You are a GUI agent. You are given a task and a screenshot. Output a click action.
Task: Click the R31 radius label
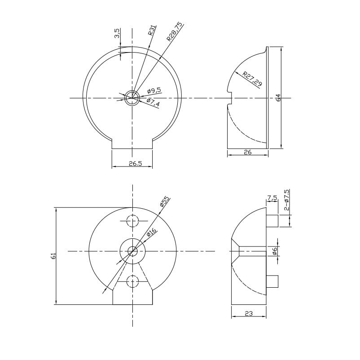pos(151,31)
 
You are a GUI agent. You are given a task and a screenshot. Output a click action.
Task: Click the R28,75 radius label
pos(174,32)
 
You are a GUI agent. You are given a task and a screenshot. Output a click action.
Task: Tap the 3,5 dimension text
pos(117,34)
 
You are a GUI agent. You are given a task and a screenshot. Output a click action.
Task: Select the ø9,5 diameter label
pos(154,91)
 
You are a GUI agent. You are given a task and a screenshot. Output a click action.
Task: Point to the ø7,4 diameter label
pos(153,103)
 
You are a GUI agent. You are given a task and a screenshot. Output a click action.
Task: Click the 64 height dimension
pos(278,97)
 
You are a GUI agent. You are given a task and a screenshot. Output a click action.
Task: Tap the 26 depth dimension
pos(247,152)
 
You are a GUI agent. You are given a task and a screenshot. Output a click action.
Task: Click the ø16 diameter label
pos(151,233)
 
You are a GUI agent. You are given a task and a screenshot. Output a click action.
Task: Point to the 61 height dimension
pos(53,256)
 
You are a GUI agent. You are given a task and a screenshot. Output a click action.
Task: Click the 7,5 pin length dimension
pos(272,198)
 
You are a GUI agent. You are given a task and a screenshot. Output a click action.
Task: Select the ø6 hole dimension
pos(275,251)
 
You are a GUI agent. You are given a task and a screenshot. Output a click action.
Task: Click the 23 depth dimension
pos(249,314)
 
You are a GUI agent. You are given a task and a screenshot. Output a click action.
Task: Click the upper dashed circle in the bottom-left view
pos(132,221)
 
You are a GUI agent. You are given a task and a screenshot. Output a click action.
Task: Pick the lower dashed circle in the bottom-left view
pos(132,281)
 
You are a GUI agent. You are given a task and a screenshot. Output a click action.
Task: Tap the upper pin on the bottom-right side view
pos(272,221)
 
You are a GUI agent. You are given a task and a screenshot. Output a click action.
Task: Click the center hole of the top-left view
pos(132,97)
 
